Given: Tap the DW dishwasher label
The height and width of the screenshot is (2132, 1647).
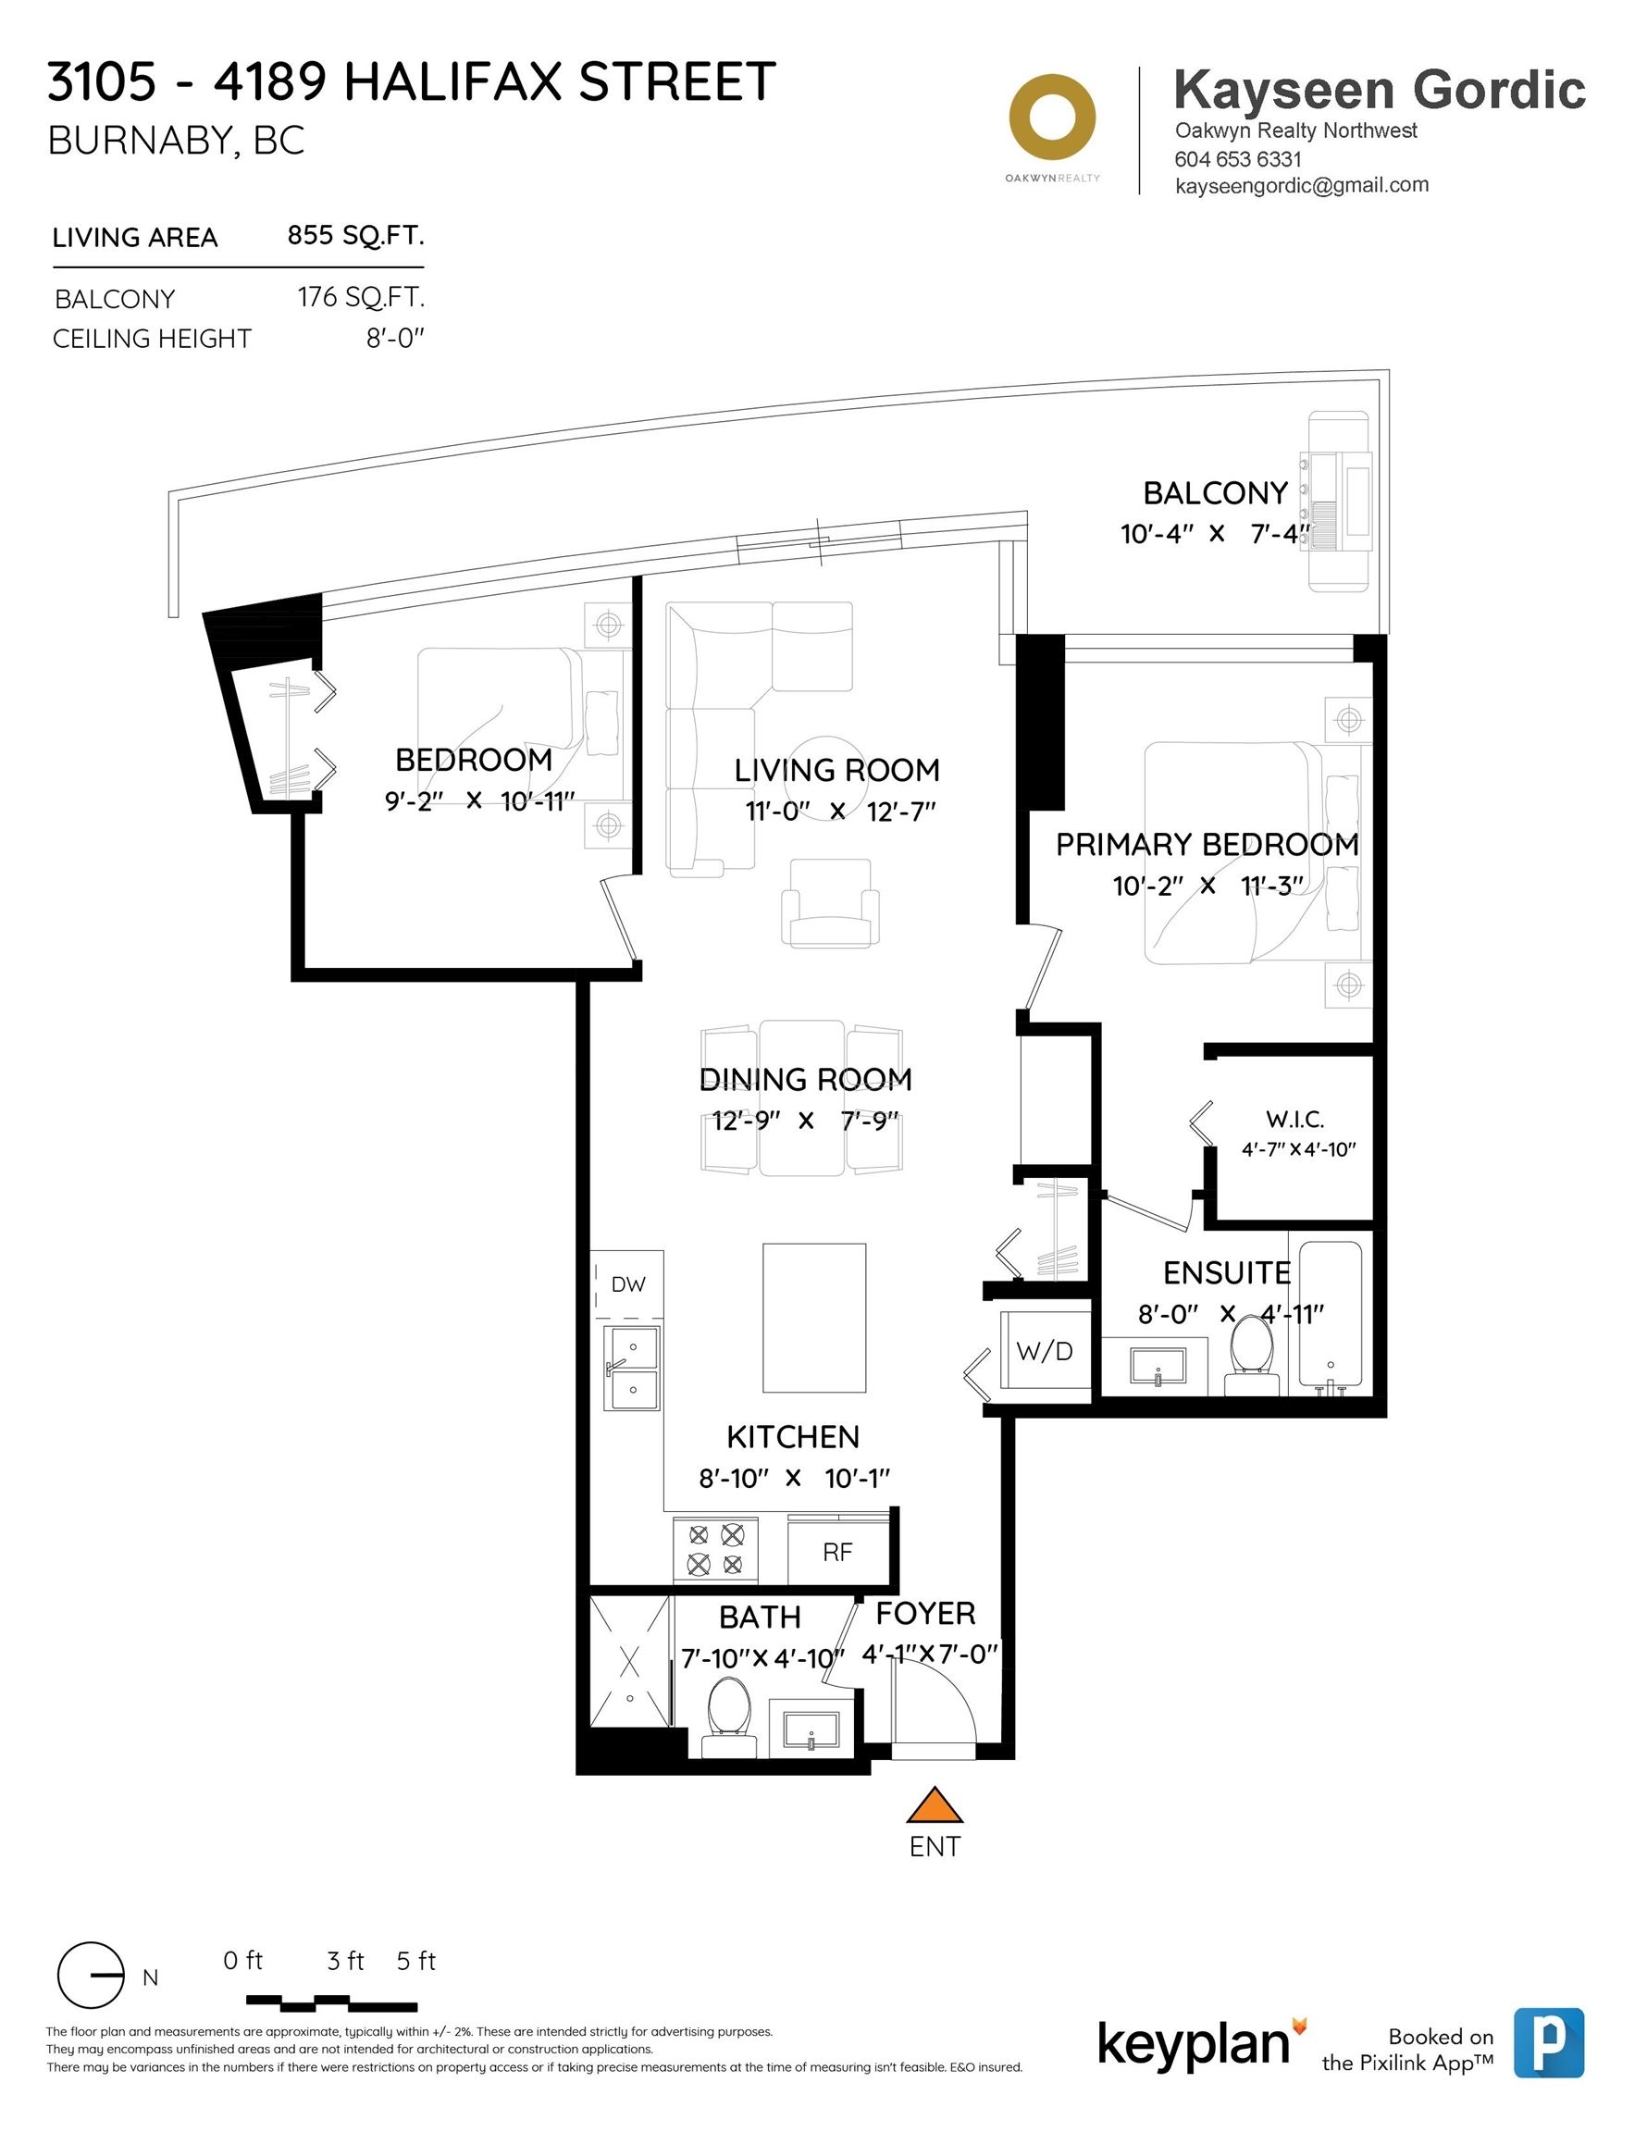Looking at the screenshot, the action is tap(627, 1283).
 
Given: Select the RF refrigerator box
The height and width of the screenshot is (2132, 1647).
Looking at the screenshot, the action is tap(837, 1551).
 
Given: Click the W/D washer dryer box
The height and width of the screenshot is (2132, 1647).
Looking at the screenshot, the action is tap(1045, 1351).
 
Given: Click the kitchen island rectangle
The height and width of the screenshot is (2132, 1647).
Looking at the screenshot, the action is tap(814, 1317).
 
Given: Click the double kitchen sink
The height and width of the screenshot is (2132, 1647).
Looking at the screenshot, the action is tap(632, 1367).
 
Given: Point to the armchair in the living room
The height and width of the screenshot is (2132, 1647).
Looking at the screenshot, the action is tap(830, 903).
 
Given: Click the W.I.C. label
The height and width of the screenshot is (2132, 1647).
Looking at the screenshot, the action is tap(1294, 1119).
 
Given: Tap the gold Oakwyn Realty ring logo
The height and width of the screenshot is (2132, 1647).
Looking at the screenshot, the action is tap(1052, 118).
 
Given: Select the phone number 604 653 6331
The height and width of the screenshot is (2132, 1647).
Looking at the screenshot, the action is tap(1238, 159).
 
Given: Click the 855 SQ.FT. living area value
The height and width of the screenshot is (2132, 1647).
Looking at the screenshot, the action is tap(355, 236).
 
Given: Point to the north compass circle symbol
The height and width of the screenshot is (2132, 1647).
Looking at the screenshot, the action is tap(91, 1975).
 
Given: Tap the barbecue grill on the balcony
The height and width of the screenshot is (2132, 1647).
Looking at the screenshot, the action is tap(1340, 501).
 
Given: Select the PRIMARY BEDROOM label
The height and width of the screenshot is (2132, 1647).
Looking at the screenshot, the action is tap(1207, 845).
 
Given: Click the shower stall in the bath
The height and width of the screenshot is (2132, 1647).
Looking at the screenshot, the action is tap(630, 1662).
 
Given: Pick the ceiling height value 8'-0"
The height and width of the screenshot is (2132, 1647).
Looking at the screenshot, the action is tap(395, 339).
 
